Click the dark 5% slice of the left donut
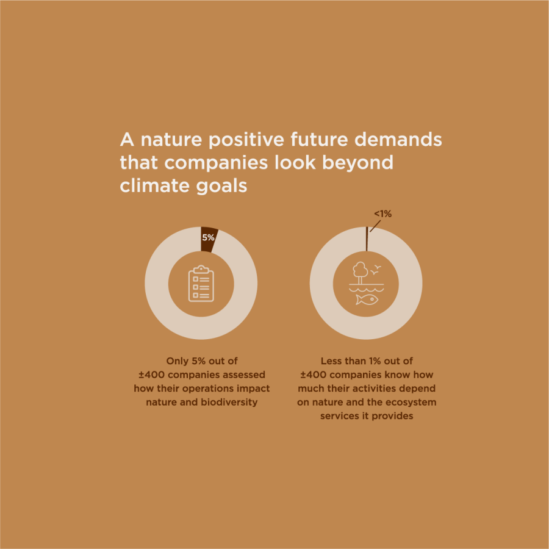pyautogui.click(x=209, y=238)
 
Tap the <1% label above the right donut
pyautogui.click(x=382, y=214)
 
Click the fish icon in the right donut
pyautogui.click(x=366, y=299)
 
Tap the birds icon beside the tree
pyautogui.click(x=376, y=268)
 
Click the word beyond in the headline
pyautogui.click(x=360, y=163)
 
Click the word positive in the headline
pyautogui.click(x=247, y=140)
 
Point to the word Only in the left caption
pyautogui.click(x=177, y=361)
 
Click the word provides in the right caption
pyautogui.click(x=393, y=416)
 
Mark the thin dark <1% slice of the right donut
pyautogui.click(x=367, y=239)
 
